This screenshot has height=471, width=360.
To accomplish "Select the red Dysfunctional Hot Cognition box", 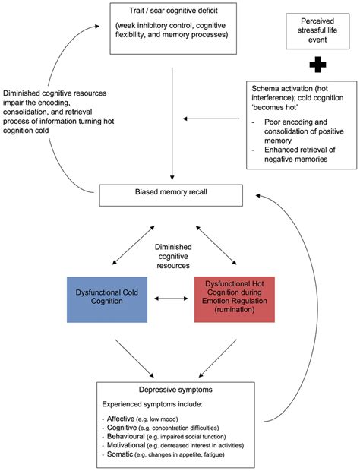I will (234, 299).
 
